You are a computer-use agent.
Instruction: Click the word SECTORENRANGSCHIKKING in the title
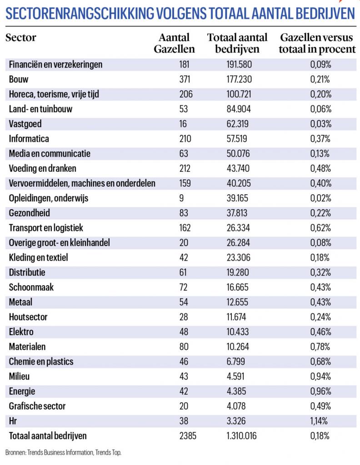[79, 14]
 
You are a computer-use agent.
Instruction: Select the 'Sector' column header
[21, 38]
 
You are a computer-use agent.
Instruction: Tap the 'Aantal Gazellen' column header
[174, 43]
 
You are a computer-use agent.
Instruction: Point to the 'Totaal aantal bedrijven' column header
[237, 43]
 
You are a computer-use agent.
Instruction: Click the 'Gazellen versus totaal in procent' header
[317, 43]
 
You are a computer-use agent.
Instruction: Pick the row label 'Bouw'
[18, 79]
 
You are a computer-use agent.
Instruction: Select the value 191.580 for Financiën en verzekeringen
[239, 64]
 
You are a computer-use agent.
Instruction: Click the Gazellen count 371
[185, 79]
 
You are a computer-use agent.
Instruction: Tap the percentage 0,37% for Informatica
[320, 139]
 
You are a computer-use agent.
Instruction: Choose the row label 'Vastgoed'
[25, 124]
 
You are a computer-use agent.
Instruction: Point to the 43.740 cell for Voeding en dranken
[238, 168]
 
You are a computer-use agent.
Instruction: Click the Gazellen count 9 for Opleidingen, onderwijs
[182, 198]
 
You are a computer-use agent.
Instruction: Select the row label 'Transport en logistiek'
[46, 228]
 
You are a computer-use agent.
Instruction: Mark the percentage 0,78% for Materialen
[320, 346]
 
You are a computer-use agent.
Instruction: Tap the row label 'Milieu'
[19, 376]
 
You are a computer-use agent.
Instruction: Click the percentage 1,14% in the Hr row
[319, 420]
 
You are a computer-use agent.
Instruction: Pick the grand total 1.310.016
[241, 435]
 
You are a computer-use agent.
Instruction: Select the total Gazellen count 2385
[188, 435]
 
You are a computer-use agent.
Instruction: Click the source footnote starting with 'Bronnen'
[63, 453]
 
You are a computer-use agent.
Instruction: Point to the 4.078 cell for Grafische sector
[236, 406]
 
